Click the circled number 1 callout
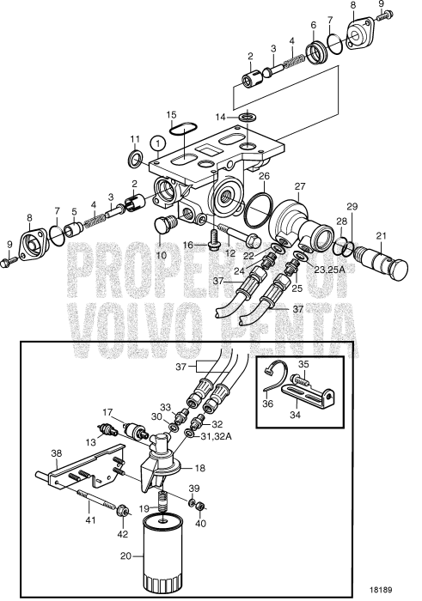coord(157,143)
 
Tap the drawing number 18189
coord(381,590)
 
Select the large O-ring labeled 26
coord(259,209)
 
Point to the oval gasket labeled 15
coord(181,129)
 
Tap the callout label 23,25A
coord(329,270)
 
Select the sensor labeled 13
coord(105,429)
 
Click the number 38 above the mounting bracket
coord(57,453)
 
